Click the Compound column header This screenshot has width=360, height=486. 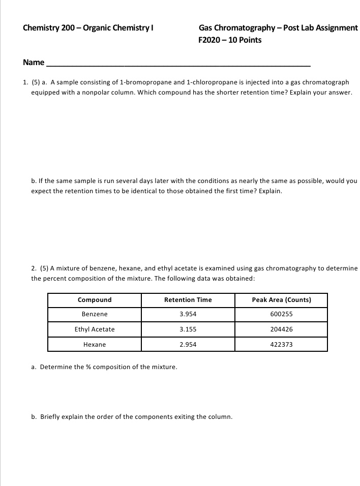(95, 300)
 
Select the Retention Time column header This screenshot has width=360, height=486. (188, 300)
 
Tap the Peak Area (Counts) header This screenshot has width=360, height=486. (281, 300)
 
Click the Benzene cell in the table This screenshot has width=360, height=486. (95, 314)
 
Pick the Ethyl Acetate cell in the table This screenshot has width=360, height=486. (95, 329)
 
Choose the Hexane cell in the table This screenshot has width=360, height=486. (95, 345)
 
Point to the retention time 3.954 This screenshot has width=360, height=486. (188, 314)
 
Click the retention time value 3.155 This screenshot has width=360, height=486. (188, 329)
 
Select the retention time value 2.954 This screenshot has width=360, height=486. (188, 345)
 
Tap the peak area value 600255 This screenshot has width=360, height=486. (281, 314)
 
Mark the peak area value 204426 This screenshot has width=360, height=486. (281, 329)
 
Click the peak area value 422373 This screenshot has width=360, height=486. (281, 345)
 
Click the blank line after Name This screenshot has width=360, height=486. (178, 64)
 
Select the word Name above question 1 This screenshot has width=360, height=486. (34, 63)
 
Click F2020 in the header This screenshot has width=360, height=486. (210, 40)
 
